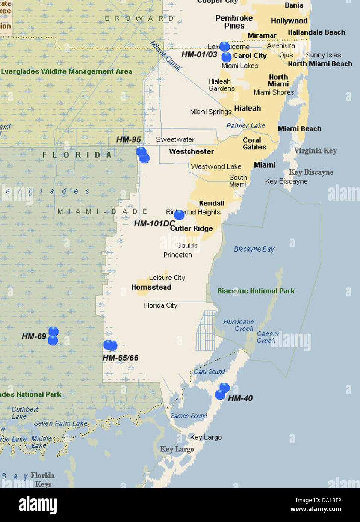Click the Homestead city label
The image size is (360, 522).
[151, 287]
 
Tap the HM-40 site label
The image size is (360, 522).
[240, 398]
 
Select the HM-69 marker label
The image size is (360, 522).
[34, 336]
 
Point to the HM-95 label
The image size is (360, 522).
[129, 140]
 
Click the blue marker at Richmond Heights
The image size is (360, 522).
[179, 215]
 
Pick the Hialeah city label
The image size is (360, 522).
[247, 109]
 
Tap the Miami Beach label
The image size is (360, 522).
[299, 129]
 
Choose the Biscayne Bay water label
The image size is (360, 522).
[254, 249]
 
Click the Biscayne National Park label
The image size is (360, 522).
[256, 291]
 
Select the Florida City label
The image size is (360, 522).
[160, 306]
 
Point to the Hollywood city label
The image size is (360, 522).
[289, 21]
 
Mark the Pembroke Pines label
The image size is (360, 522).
[234, 22]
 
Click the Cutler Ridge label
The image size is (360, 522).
[192, 228]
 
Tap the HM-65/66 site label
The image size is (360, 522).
[120, 358]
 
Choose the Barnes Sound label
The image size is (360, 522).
[189, 416]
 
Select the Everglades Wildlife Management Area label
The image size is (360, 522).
[67, 71]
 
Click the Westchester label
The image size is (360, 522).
[191, 152]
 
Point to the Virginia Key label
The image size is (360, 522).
[315, 151]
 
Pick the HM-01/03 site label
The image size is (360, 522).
[199, 54]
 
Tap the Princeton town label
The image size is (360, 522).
[178, 255]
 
